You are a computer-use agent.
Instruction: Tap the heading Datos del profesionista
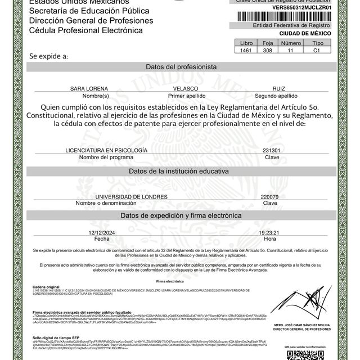[x=181, y=66]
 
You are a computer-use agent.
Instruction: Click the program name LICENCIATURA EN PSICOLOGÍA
[x=106, y=151]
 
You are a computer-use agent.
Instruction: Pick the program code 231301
[x=271, y=151]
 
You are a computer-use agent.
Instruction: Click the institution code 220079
[x=270, y=196]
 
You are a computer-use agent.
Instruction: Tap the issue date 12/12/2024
[x=102, y=232]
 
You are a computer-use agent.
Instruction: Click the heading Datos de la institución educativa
[x=181, y=170]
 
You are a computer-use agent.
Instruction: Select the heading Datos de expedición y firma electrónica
[x=181, y=215]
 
